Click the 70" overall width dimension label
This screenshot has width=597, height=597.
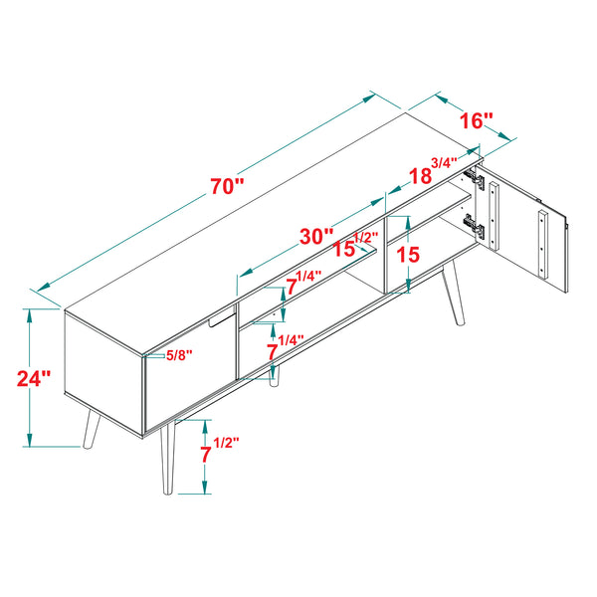click(x=227, y=187)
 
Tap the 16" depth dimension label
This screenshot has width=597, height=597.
click(x=477, y=121)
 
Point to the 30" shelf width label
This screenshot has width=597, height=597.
click(x=316, y=237)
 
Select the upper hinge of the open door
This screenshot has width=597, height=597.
click(x=478, y=181)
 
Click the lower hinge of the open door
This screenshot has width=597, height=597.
click(x=479, y=231)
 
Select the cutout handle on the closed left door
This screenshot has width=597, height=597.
click(x=218, y=319)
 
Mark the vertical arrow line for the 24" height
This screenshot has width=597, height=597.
click(x=31, y=378)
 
